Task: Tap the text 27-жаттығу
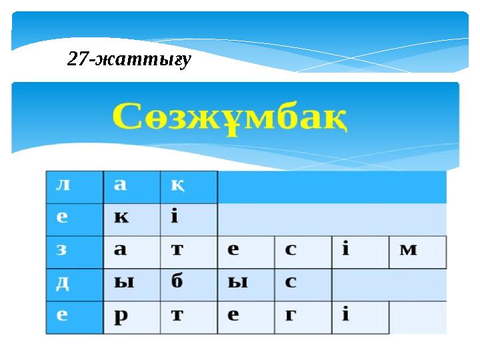(129, 60)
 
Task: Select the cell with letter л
(74, 187)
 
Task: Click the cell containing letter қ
(189, 187)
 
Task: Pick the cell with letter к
(131, 219)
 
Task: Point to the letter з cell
(74, 252)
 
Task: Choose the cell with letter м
(417, 252)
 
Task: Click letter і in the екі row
(189, 219)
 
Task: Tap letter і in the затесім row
(360, 252)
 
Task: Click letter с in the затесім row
(303, 252)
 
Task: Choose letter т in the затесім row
(189, 252)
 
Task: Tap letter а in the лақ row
(131, 187)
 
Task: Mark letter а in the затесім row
(131, 252)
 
